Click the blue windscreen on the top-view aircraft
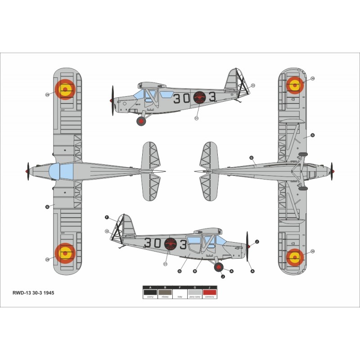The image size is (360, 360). (x=60, y=171)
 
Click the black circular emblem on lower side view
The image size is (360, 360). (x=171, y=244)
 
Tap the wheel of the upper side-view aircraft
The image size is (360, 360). (x=142, y=121)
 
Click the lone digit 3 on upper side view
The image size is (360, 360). (x=212, y=98)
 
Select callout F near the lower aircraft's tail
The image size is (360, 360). (x=107, y=218)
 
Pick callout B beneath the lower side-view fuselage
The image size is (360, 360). (x=194, y=271)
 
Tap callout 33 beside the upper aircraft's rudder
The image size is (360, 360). (x=253, y=85)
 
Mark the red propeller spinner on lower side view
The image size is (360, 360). (x=249, y=246)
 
